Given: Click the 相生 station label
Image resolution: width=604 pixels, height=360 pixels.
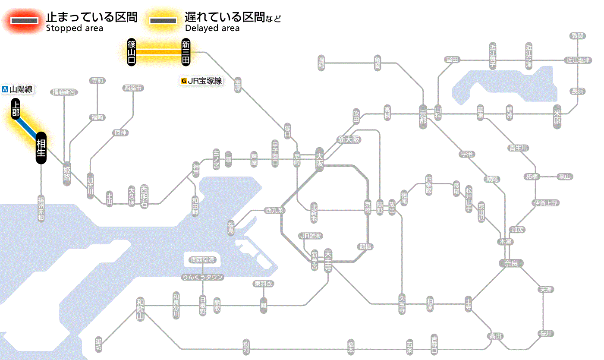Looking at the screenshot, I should [41, 148].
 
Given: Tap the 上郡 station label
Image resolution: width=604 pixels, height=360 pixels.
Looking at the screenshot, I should [16, 109].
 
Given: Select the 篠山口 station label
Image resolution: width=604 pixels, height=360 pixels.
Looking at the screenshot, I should [132, 52].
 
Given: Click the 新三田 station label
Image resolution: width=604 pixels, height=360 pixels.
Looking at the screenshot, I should [186, 52].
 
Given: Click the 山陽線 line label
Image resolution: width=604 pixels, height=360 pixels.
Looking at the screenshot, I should [18, 90].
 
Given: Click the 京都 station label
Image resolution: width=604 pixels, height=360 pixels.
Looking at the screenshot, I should [423, 114].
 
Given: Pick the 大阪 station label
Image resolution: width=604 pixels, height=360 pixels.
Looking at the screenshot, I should [319, 160].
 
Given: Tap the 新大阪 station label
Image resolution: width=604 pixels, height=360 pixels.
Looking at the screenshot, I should [349, 140].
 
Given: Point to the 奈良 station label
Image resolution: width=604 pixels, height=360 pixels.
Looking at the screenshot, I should [511, 263].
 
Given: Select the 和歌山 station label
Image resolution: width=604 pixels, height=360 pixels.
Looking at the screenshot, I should [140, 309].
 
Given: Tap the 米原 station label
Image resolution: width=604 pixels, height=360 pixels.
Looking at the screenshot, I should [558, 117].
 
